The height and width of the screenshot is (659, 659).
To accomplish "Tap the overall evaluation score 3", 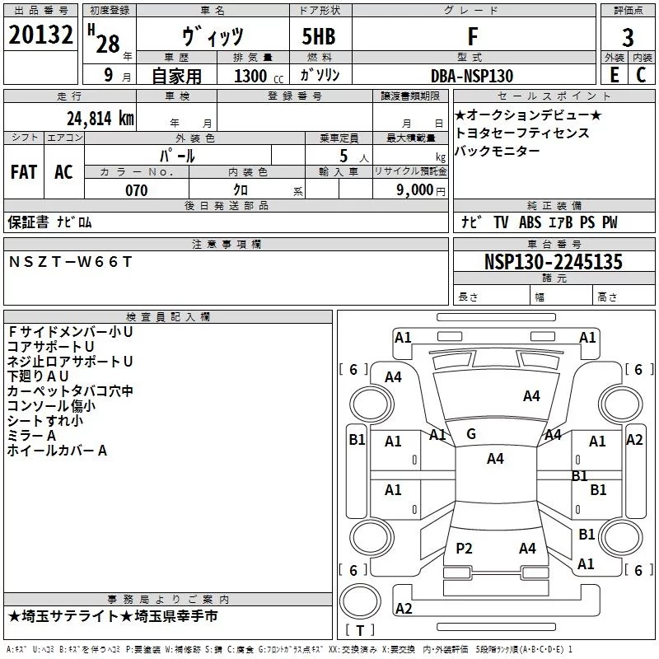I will coord(628,38).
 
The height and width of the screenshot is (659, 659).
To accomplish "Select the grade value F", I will coord(472,36).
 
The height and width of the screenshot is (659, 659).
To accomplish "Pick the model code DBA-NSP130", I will coord(472,76).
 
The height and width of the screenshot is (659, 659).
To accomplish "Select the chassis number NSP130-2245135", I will coord(553,262).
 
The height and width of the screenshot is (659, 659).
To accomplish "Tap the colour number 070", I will coord(136,190).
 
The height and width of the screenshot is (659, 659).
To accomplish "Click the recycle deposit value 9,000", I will coord(414,190).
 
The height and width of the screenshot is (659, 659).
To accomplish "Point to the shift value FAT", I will coord(24,171).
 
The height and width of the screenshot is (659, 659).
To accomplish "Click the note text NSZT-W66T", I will coord(69,261).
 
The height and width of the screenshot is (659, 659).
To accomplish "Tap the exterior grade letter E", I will coord(613,75).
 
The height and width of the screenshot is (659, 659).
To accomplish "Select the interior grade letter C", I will coord(641,75).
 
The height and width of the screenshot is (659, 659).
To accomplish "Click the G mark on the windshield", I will coord(471,434).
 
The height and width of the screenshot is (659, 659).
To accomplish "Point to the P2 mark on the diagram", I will coord(465,548).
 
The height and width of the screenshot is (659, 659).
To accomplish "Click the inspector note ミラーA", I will coord(31,435).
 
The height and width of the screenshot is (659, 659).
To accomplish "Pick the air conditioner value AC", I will coord(63,171).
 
